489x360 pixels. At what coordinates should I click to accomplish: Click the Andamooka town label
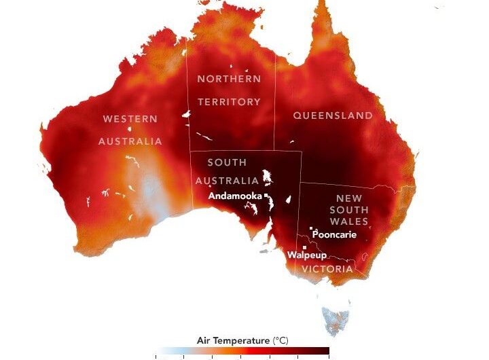236,196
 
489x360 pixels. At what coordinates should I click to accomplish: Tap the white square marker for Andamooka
266,196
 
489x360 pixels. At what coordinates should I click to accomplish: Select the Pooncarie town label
334,235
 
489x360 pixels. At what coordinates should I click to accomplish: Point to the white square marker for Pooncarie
311,228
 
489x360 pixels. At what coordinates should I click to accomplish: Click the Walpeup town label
307,255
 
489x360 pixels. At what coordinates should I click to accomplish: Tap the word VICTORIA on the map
328,269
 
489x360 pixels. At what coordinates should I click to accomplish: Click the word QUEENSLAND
333,115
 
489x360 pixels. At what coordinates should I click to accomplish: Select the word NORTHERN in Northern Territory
229,79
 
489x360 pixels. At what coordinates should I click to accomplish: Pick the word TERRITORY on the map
229,102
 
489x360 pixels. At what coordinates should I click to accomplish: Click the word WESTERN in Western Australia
130,119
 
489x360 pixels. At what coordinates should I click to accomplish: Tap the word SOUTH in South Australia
227,163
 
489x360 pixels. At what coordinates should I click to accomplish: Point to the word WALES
349,222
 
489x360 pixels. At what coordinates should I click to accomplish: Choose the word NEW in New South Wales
348,198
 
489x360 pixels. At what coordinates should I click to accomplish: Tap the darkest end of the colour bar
325,352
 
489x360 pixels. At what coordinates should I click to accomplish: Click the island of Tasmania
336,318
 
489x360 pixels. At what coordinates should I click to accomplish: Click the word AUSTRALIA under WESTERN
130,141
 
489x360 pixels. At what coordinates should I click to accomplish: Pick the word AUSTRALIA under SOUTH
227,181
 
